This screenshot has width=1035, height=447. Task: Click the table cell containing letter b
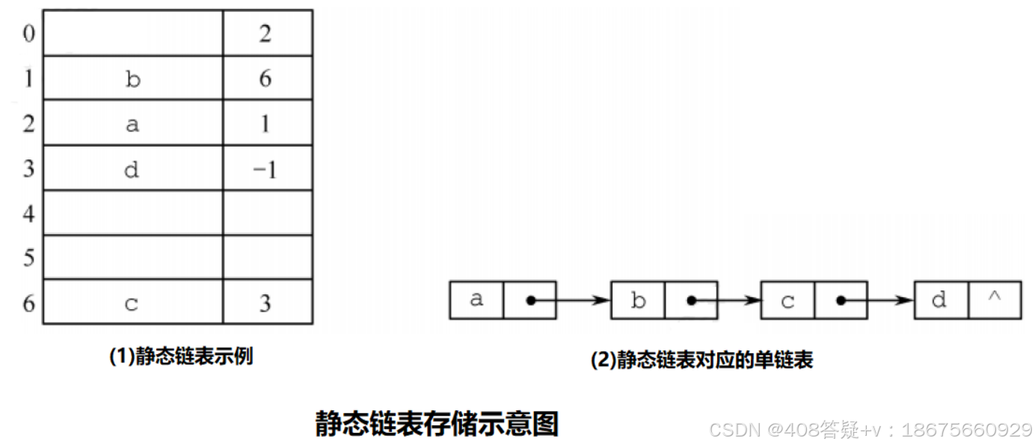click(x=132, y=79)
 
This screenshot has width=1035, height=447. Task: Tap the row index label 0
click(x=28, y=34)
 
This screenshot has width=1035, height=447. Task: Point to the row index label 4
click(x=28, y=213)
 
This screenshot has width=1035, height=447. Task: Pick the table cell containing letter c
click(x=132, y=303)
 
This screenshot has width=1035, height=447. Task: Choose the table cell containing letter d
click(x=132, y=169)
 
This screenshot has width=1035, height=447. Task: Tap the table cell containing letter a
click(x=132, y=124)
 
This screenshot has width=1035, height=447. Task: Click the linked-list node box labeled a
click(x=476, y=300)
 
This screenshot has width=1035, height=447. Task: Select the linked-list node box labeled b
click(x=638, y=300)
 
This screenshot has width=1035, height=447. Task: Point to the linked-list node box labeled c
click(x=787, y=300)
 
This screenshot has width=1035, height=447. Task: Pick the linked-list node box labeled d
click(x=941, y=300)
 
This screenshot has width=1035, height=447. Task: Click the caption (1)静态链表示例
click(x=181, y=356)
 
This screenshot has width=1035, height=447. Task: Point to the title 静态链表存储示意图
click(x=437, y=424)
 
